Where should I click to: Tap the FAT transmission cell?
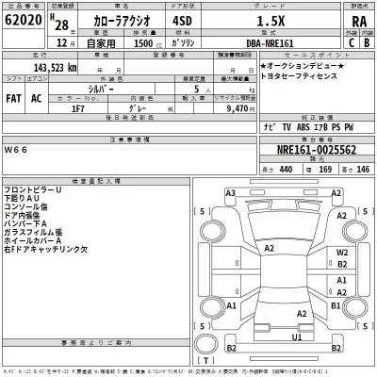pyautogui.click(x=13, y=97)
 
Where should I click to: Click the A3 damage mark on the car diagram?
pyautogui.click(x=230, y=192)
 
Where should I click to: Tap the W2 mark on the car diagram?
pyautogui.click(x=343, y=253)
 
